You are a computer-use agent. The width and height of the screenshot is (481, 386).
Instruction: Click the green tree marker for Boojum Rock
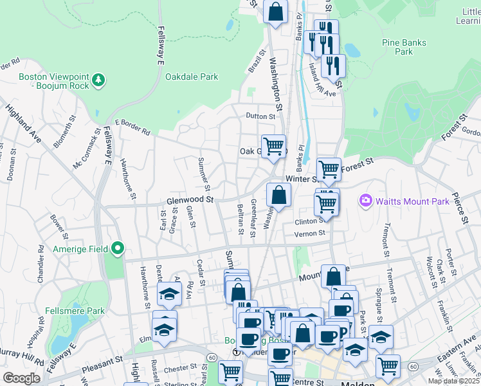tap(98, 80)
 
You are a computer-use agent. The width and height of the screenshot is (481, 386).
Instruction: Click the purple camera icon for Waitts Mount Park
tap(366, 201)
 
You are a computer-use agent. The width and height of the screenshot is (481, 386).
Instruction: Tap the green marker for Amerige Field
tap(117, 248)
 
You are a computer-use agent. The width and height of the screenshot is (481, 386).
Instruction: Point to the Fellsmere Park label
tap(75, 311)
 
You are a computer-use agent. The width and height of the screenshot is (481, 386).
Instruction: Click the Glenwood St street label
tap(190, 200)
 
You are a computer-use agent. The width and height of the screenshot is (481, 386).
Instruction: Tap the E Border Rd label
tap(132, 127)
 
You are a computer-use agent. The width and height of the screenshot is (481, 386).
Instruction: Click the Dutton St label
tap(260, 116)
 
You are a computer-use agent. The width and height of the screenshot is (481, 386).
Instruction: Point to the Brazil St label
tap(257, 62)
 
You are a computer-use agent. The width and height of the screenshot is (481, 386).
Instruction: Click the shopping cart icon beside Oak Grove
tap(274, 145)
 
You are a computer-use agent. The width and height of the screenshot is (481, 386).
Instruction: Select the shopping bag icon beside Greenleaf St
tap(278, 194)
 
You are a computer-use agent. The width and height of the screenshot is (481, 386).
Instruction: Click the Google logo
tap(21, 378)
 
